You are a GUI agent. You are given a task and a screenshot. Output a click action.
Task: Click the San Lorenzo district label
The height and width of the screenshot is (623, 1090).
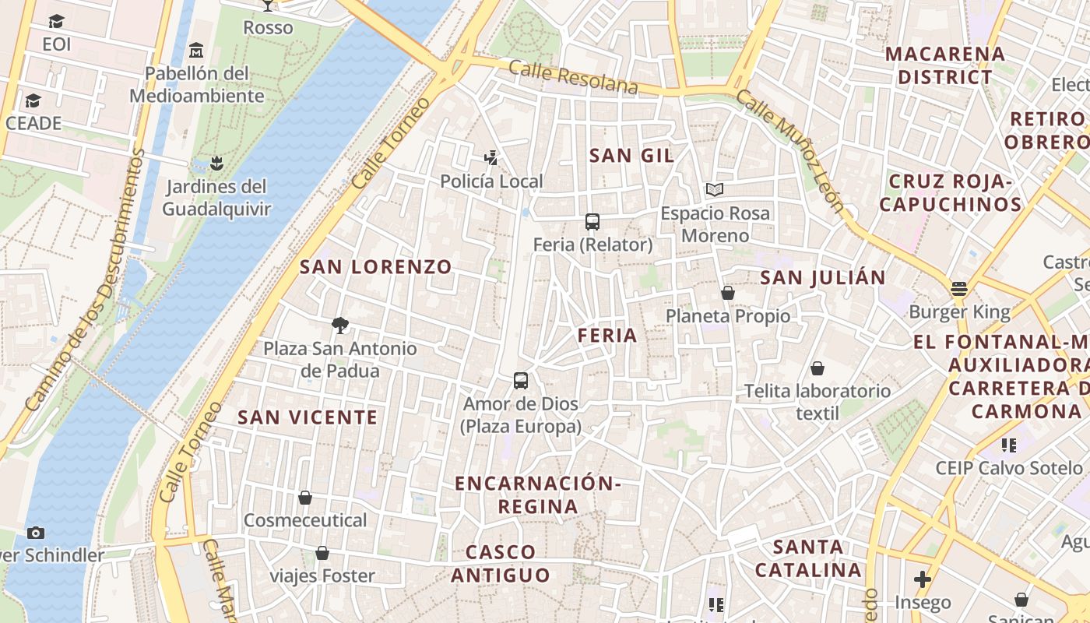point(376,267)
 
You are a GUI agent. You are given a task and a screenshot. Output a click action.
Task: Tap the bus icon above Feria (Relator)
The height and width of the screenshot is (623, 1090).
point(592,222)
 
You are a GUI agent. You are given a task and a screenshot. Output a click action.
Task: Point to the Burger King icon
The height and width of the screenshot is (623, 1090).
point(959,289)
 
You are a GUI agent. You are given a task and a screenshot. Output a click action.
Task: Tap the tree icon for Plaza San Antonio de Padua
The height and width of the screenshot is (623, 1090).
point(339,326)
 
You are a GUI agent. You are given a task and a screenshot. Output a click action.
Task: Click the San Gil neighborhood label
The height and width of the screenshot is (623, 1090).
point(631,156)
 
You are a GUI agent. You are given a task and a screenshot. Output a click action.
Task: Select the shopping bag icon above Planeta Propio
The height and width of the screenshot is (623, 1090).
point(728,293)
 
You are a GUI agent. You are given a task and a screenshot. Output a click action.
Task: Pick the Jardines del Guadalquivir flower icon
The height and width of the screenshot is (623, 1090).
point(216,164)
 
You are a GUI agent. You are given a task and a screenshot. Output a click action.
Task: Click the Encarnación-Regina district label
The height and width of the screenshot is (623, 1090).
point(538,495)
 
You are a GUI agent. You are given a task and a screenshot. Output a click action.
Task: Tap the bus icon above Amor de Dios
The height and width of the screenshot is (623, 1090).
point(521,381)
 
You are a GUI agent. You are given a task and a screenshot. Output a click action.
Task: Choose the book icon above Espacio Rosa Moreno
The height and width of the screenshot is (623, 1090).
point(715,189)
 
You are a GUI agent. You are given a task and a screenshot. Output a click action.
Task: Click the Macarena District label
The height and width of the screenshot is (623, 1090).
point(945,66)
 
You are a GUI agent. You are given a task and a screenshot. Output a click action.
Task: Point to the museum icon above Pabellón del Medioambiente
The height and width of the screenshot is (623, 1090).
point(196,51)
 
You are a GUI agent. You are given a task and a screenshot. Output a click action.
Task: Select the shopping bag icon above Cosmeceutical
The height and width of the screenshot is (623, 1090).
point(305,498)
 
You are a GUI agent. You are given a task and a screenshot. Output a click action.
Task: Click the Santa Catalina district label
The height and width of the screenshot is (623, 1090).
point(808,558)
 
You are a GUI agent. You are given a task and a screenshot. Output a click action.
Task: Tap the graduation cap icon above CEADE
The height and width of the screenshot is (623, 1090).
point(33,100)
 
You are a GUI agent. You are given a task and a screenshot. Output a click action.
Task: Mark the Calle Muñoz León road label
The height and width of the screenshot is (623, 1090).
point(789,151)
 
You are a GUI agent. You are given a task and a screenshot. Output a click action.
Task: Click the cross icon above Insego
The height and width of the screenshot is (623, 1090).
point(923,579)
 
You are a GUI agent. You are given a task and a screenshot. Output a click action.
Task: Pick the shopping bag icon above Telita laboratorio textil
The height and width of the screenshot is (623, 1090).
point(817,368)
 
